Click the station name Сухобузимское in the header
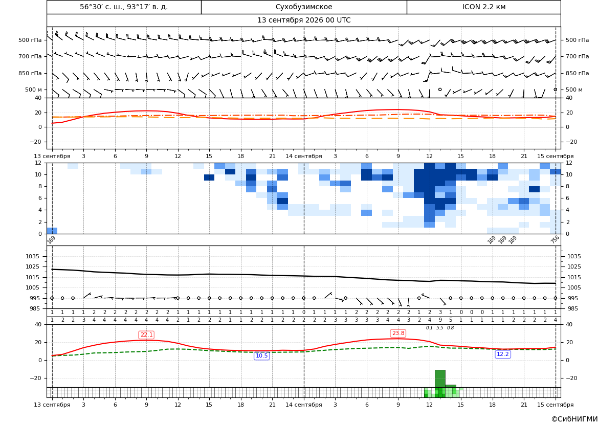[304, 7]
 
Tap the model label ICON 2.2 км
[483, 7]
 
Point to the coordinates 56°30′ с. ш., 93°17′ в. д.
[124, 7]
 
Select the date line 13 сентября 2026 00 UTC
[304, 20]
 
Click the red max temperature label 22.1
[146, 335]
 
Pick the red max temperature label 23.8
[398, 333]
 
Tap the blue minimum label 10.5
[261, 356]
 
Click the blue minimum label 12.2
[503, 354]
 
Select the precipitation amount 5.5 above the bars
[440, 328]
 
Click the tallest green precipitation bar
[440, 379]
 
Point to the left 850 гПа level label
[30, 73]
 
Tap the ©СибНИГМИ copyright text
[574, 419]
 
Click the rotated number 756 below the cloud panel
[555, 239]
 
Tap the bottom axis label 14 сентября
[304, 405]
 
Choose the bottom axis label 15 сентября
[556, 405]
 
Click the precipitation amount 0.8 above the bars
[450, 328]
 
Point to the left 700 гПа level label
[30, 56]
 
